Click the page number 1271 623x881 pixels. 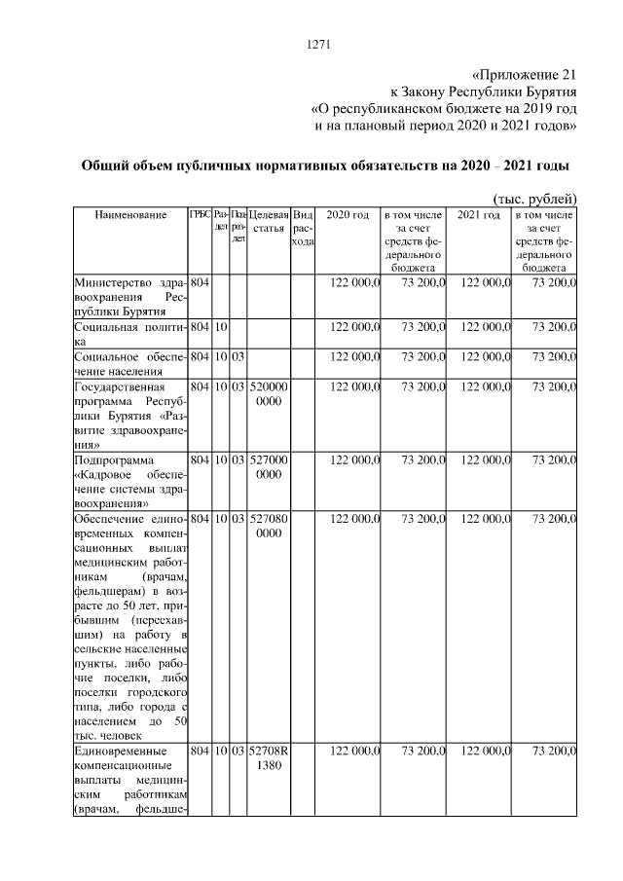tap(320, 44)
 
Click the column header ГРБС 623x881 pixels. tap(200, 214)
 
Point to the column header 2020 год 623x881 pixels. tap(347, 214)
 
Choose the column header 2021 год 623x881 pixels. tap(479, 214)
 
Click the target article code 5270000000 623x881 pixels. tap(269, 464)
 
